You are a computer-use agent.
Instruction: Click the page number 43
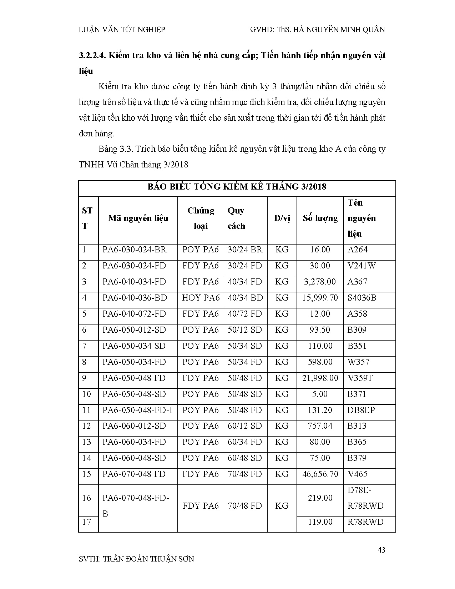pyautogui.click(x=381, y=550)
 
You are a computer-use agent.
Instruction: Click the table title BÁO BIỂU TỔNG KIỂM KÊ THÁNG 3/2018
pyautogui.click(x=237, y=187)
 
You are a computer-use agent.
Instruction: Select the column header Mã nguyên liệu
pyautogui.click(x=138, y=218)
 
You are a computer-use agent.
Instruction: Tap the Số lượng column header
pyautogui.click(x=320, y=218)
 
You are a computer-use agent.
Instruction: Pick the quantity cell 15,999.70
pyautogui.click(x=320, y=298)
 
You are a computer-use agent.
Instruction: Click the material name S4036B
pyautogui.click(x=362, y=298)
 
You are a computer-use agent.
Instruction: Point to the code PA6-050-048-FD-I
pyautogui.click(x=137, y=410)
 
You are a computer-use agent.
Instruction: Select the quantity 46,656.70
pyautogui.click(x=320, y=474)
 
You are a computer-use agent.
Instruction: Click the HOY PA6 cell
pyautogui.click(x=201, y=298)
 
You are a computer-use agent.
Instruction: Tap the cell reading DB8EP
pyautogui.click(x=361, y=410)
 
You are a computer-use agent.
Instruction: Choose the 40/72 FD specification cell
pyautogui.click(x=245, y=314)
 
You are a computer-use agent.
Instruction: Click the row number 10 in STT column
pyautogui.click(x=87, y=394)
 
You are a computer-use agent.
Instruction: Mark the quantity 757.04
pyautogui.click(x=320, y=426)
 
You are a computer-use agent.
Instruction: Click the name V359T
pyautogui.click(x=360, y=378)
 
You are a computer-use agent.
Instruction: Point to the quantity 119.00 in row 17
pyautogui.click(x=320, y=522)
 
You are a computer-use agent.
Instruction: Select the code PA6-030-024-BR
pyautogui.click(x=135, y=250)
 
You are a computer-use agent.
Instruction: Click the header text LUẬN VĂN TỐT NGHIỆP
pyautogui.click(x=122, y=30)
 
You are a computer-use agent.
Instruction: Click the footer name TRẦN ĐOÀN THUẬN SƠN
pyautogui.click(x=148, y=559)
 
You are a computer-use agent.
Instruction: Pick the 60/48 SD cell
pyautogui.click(x=245, y=458)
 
